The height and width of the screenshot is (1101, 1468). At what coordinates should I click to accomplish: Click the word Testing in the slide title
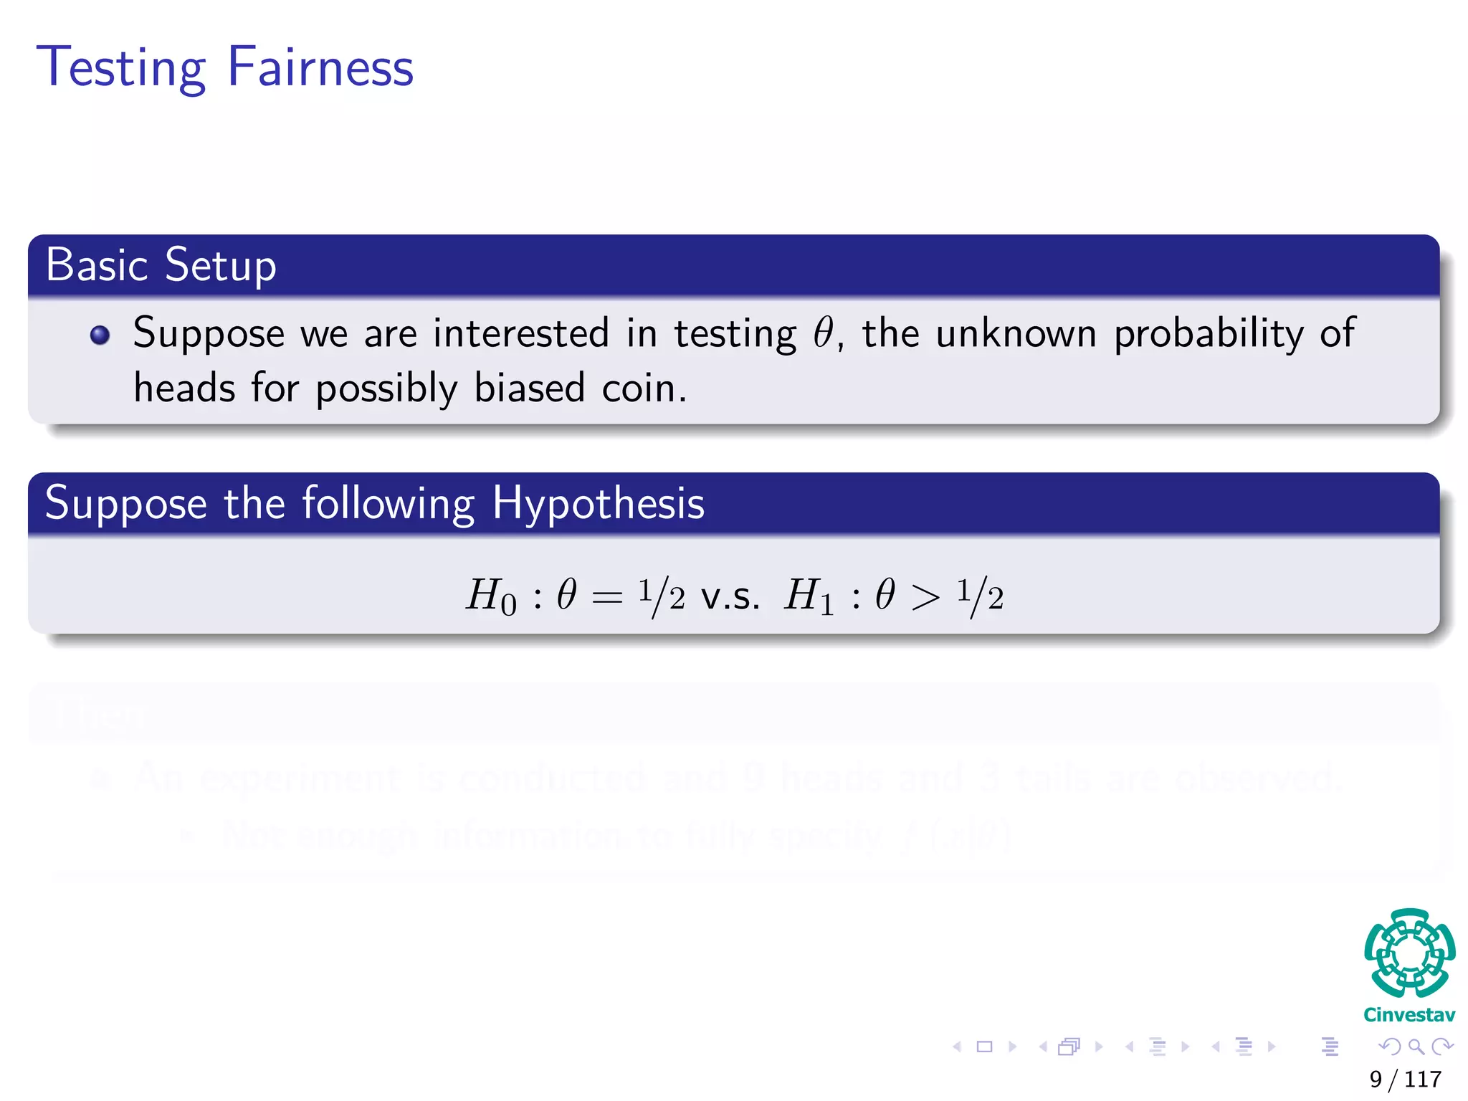(121, 68)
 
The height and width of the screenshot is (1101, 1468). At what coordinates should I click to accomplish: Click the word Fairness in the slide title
(320, 67)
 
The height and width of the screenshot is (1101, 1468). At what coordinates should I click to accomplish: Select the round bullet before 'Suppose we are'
(100, 335)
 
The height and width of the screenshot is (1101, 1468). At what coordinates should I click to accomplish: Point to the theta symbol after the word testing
(823, 333)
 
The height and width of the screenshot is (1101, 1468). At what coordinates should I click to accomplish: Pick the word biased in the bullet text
(530, 389)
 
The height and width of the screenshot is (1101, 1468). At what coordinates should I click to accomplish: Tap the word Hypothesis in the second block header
(598, 503)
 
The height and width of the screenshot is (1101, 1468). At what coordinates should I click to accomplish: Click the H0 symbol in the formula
(491, 596)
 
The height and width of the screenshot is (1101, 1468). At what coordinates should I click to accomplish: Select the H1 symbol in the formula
(809, 596)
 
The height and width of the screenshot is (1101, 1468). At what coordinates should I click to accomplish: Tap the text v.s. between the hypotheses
(730, 596)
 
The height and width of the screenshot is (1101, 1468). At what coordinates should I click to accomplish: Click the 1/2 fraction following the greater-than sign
(980, 596)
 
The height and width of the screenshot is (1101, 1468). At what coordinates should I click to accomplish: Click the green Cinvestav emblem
(1409, 953)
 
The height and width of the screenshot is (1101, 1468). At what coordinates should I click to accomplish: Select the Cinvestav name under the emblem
(1409, 1014)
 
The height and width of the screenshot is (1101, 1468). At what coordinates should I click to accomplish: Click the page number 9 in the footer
(1376, 1079)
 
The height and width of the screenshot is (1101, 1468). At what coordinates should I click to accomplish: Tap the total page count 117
(1423, 1079)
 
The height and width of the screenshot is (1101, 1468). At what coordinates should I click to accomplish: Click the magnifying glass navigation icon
(1416, 1047)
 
